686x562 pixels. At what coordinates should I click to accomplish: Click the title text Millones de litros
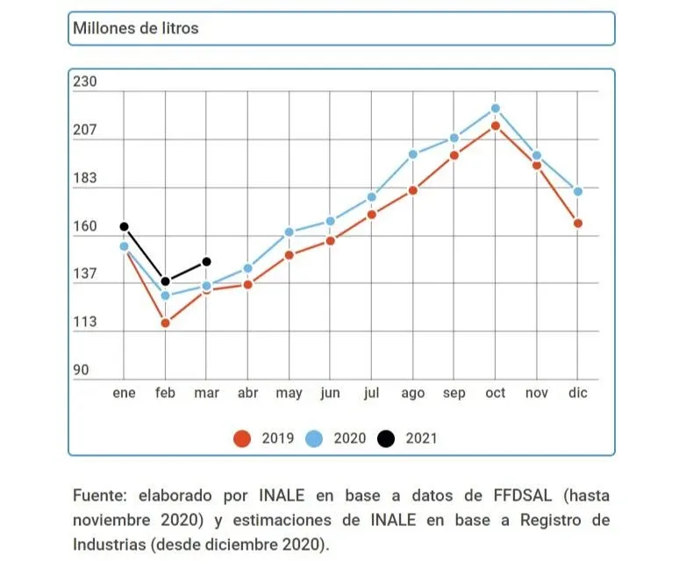tap(136, 28)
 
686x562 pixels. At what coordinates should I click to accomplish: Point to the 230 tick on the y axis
tap(84, 82)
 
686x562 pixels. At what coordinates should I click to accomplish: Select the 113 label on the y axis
tap(84, 323)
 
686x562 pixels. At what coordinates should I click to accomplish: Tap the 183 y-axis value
tap(84, 179)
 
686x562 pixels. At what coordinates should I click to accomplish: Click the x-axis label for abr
tap(248, 394)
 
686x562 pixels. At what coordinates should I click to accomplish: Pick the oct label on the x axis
tap(496, 394)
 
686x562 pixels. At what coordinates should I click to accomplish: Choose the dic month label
tap(578, 394)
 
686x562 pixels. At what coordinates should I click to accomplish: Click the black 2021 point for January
tap(124, 227)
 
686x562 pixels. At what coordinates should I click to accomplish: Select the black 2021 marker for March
tap(206, 261)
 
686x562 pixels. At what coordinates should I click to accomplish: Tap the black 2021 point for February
tap(165, 281)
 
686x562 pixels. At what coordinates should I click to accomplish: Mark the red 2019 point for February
tap(165, 324)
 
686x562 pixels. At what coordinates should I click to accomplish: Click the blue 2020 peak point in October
tap(496, 109)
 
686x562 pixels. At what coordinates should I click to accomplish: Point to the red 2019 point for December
tap(578, 224)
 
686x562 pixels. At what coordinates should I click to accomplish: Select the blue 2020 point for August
tap(413, 154)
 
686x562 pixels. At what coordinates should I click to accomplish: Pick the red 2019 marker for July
tap(372, 214)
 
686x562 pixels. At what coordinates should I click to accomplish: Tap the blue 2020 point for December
tap(578, 191)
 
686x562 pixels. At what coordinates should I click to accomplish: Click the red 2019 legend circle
tap(242, 438)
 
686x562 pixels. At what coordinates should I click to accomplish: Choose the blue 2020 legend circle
tap(314, 438)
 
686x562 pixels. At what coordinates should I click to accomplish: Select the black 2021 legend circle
tap(386, 438)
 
